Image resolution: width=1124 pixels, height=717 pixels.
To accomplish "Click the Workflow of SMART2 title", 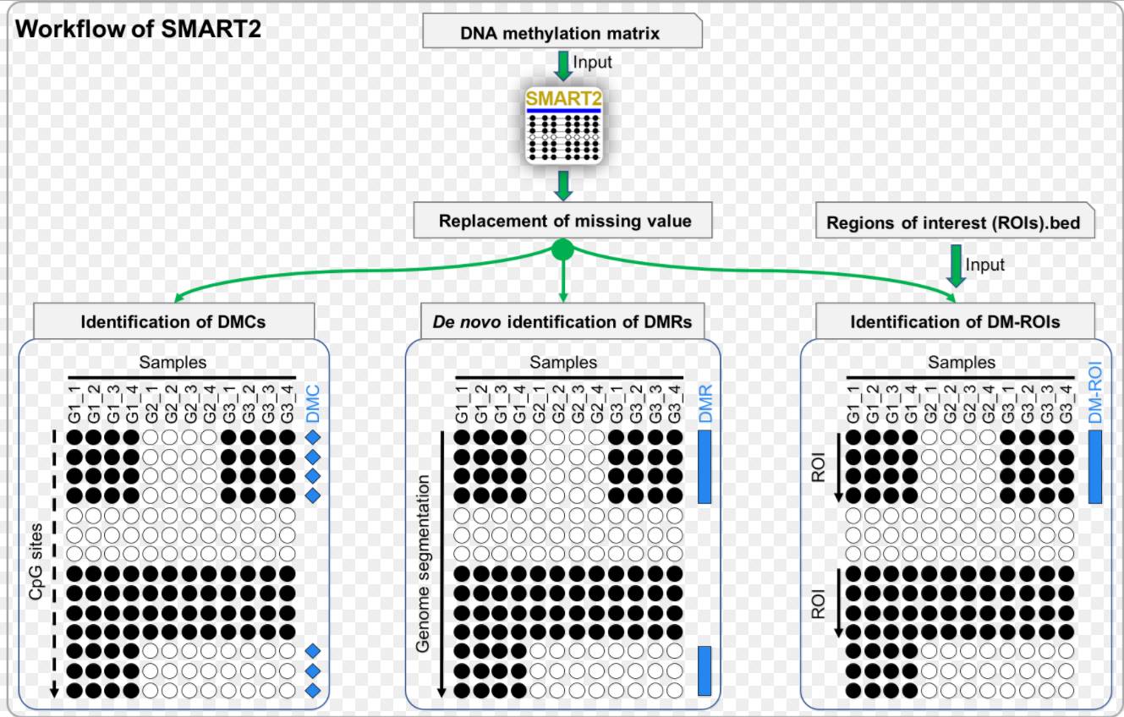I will [x=139, y=30].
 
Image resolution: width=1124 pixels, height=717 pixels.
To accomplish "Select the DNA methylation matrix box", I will [x=561, y=33].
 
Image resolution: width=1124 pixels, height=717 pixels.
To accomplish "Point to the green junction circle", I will [x=562, y=250].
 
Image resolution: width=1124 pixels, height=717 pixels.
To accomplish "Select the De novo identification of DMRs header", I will [x=562, y=322].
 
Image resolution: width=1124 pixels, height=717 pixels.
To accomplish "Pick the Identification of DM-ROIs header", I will [x=954, y=322].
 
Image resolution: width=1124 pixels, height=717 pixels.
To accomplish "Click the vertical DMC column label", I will [x=313, y=404].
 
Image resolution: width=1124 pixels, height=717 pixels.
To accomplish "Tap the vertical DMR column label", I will [x=705, y=404].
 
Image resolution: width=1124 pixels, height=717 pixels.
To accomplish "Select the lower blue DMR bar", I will [x=705, y=670].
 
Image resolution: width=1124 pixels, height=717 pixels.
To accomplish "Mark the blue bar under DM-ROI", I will [x=1095, y=467].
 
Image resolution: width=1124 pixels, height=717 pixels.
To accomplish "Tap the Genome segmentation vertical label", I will [x=425, y=563].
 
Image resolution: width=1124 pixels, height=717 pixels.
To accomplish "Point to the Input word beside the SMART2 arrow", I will [x=592, y=62].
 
